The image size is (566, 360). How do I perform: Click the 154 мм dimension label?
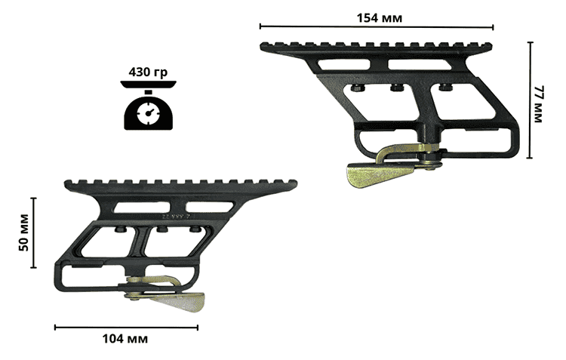379,17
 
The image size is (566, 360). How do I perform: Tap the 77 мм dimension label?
538,104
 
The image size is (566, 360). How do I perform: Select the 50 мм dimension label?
24,233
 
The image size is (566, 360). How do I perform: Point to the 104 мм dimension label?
125,339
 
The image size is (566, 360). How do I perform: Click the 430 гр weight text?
148,72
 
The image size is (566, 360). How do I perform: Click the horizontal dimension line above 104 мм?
126,328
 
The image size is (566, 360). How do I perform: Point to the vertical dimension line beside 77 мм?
530,100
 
